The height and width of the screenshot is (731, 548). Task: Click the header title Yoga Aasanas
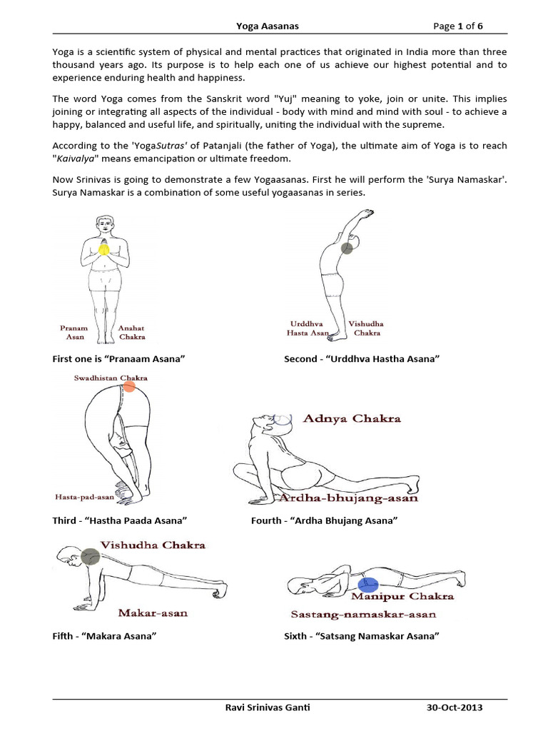(268, 26)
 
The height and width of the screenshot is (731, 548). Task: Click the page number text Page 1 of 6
(459, 26)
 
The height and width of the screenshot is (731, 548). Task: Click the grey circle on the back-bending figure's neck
(347, 248)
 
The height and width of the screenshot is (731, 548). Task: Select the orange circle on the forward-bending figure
(128, 387)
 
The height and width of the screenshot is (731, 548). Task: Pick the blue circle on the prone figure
(368, 586)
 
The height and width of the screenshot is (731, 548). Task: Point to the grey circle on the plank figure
(90, 557)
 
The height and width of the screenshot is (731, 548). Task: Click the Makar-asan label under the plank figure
(153, 612)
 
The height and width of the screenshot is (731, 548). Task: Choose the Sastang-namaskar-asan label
(363, 614)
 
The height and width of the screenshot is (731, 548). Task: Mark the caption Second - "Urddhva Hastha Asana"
(361, 358)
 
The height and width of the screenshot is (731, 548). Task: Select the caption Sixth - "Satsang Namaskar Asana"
(360, 635)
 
